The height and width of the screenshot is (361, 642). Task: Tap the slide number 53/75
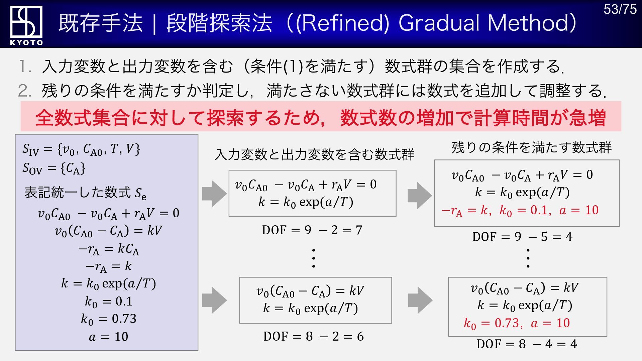620,9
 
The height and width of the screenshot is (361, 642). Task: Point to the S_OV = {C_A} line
54,168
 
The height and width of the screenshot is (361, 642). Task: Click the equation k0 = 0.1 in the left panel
109,302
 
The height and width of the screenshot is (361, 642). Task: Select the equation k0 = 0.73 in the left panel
109,319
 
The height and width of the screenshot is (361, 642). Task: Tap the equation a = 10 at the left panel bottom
109,337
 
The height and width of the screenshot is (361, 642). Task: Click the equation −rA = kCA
109,249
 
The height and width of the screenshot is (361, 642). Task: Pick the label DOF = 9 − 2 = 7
312,230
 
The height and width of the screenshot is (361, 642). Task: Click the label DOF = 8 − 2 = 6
313,336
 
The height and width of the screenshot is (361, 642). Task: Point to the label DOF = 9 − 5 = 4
522,237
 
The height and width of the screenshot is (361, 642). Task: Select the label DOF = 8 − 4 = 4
527,344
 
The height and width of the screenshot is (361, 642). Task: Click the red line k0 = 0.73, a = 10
517,323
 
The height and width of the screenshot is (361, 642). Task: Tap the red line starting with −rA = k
520,211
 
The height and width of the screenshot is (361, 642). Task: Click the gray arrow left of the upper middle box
214,194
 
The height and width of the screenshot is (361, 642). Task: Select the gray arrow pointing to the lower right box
420,300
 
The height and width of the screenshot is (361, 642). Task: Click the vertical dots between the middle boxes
313,258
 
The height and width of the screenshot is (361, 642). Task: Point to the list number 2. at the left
25,91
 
